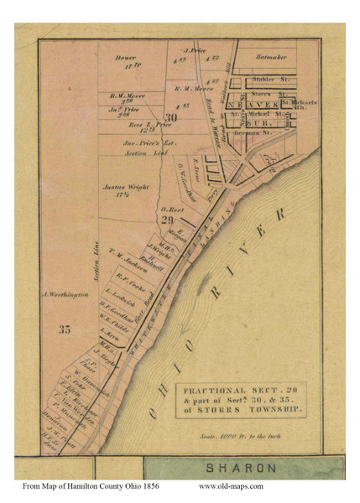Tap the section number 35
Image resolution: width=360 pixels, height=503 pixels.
65,329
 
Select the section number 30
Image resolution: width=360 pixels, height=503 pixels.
171,117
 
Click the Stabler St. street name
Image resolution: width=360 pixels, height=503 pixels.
268,79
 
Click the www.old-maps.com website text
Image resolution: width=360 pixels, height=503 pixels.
231,486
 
